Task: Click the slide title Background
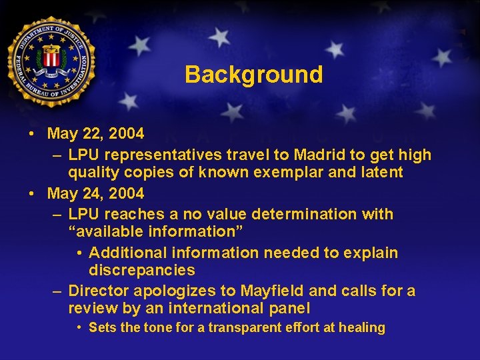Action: point(253,74)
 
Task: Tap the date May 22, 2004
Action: point(95,133)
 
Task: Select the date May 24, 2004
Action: point(95,193)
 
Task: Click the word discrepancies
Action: point(142,270)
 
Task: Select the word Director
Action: point(99,291)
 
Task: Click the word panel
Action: point(290,308)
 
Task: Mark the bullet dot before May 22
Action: point(32,133)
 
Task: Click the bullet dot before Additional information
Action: point(79,253)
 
